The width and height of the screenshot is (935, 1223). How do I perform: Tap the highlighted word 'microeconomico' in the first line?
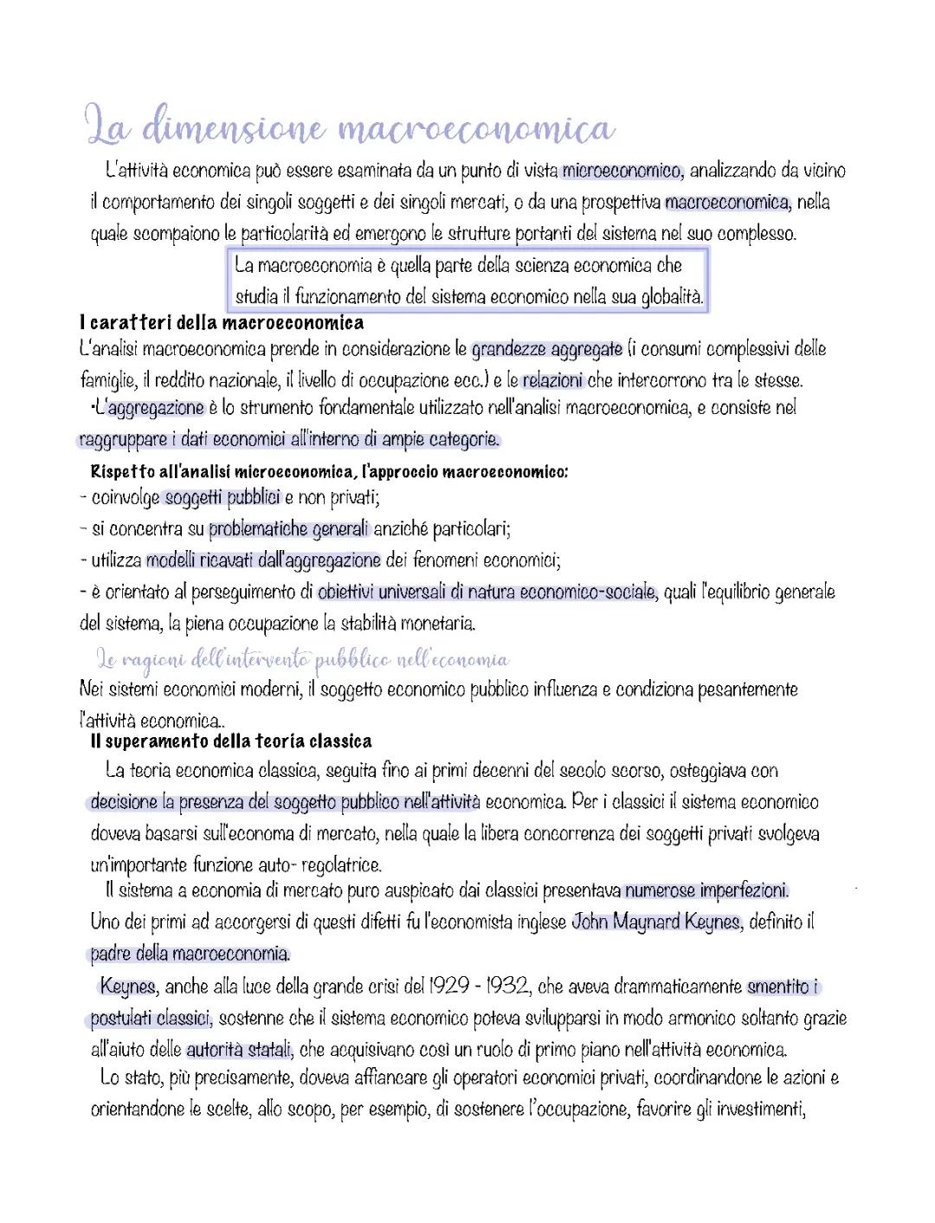click(622, 171)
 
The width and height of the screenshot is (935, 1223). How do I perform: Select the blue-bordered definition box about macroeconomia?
click(468, 280)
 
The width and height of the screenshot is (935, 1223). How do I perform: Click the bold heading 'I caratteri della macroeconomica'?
click(221, 323)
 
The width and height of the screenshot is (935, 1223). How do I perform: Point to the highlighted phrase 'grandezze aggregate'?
click(547, 350)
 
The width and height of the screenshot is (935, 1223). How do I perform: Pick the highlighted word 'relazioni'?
click(553, 379)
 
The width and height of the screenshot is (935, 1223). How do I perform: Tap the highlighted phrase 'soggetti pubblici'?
click(222, 497)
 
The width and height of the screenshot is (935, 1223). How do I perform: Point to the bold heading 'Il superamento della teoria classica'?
click(231, 741)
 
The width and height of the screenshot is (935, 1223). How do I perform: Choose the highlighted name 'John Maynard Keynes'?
click(656, 922)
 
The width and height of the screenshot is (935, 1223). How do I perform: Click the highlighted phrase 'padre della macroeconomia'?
click(190, 954)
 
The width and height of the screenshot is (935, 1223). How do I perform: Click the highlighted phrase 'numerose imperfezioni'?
click(706, 890)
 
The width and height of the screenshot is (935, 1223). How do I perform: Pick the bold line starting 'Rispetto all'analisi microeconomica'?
click(329, 472)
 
